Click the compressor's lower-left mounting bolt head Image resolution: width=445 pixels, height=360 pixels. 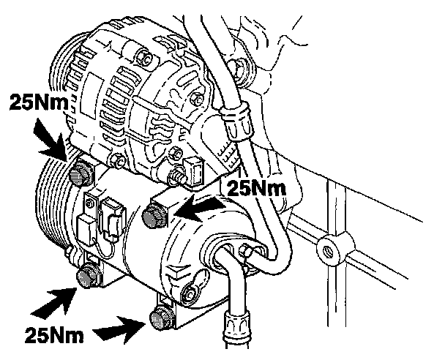88,275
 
